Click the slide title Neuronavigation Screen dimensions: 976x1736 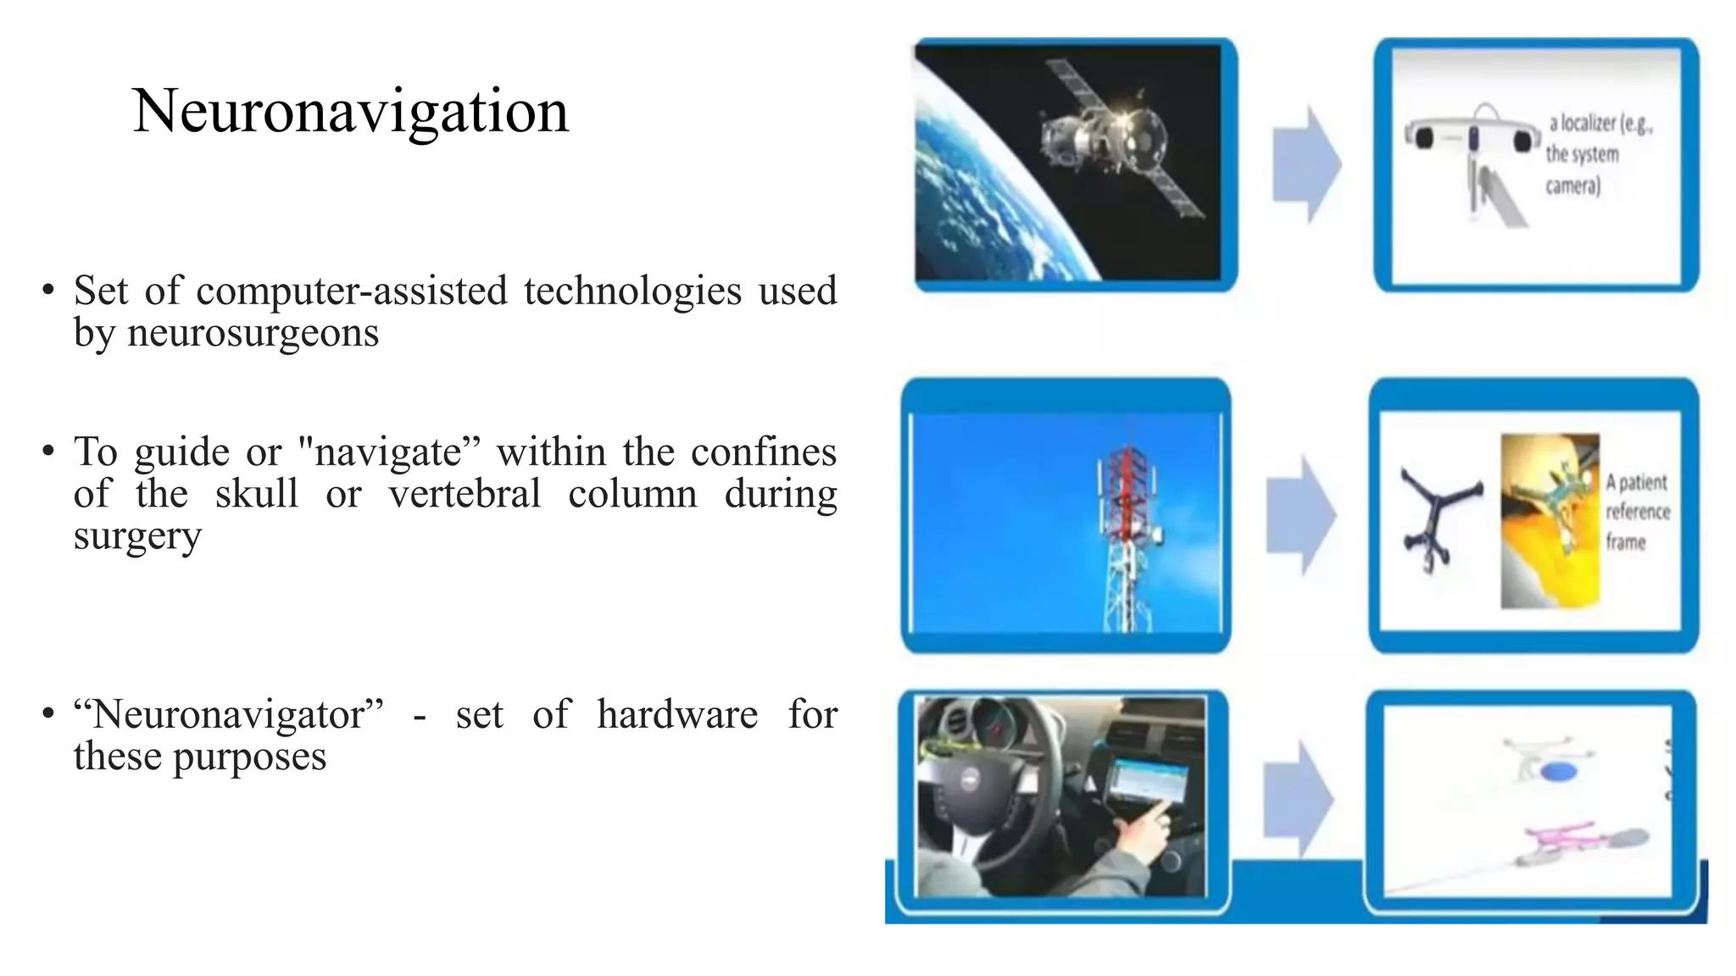[x=350, y=111]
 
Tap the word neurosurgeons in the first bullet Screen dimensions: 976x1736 [x=253, y=332]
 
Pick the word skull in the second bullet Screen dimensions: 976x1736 [x=256, y=494]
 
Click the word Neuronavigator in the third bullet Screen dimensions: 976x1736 [x=229, y=714]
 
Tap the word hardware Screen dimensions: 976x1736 [x=676, y=714]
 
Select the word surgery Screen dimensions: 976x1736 [x=137, y=536]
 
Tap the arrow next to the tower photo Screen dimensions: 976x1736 [x=1300, y=515]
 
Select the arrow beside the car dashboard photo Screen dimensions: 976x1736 [x=1298, y=799]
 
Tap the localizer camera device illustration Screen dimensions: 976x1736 [x=1473, y=140]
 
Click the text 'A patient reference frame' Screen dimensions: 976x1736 [x=1637, y=512]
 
